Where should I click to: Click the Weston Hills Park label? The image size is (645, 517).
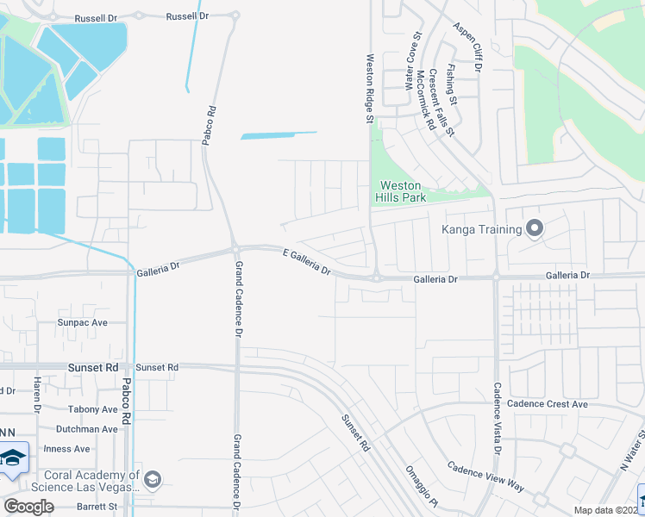click(x=401, y=191)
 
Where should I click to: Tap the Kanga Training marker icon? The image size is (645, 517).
click(x=534, y=229)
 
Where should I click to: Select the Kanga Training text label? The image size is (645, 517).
click(x=482, y=229)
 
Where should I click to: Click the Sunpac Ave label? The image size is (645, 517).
click(x=82, y=322)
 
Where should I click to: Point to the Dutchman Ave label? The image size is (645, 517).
click(x=86, y=429)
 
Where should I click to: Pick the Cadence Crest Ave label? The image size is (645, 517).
click(x=547, y=403)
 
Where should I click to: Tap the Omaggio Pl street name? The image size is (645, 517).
click(x=423, y=487)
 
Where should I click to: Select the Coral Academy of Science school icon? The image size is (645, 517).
click(x=153, y=479)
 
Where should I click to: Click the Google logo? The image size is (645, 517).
click(x=28, y=507)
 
